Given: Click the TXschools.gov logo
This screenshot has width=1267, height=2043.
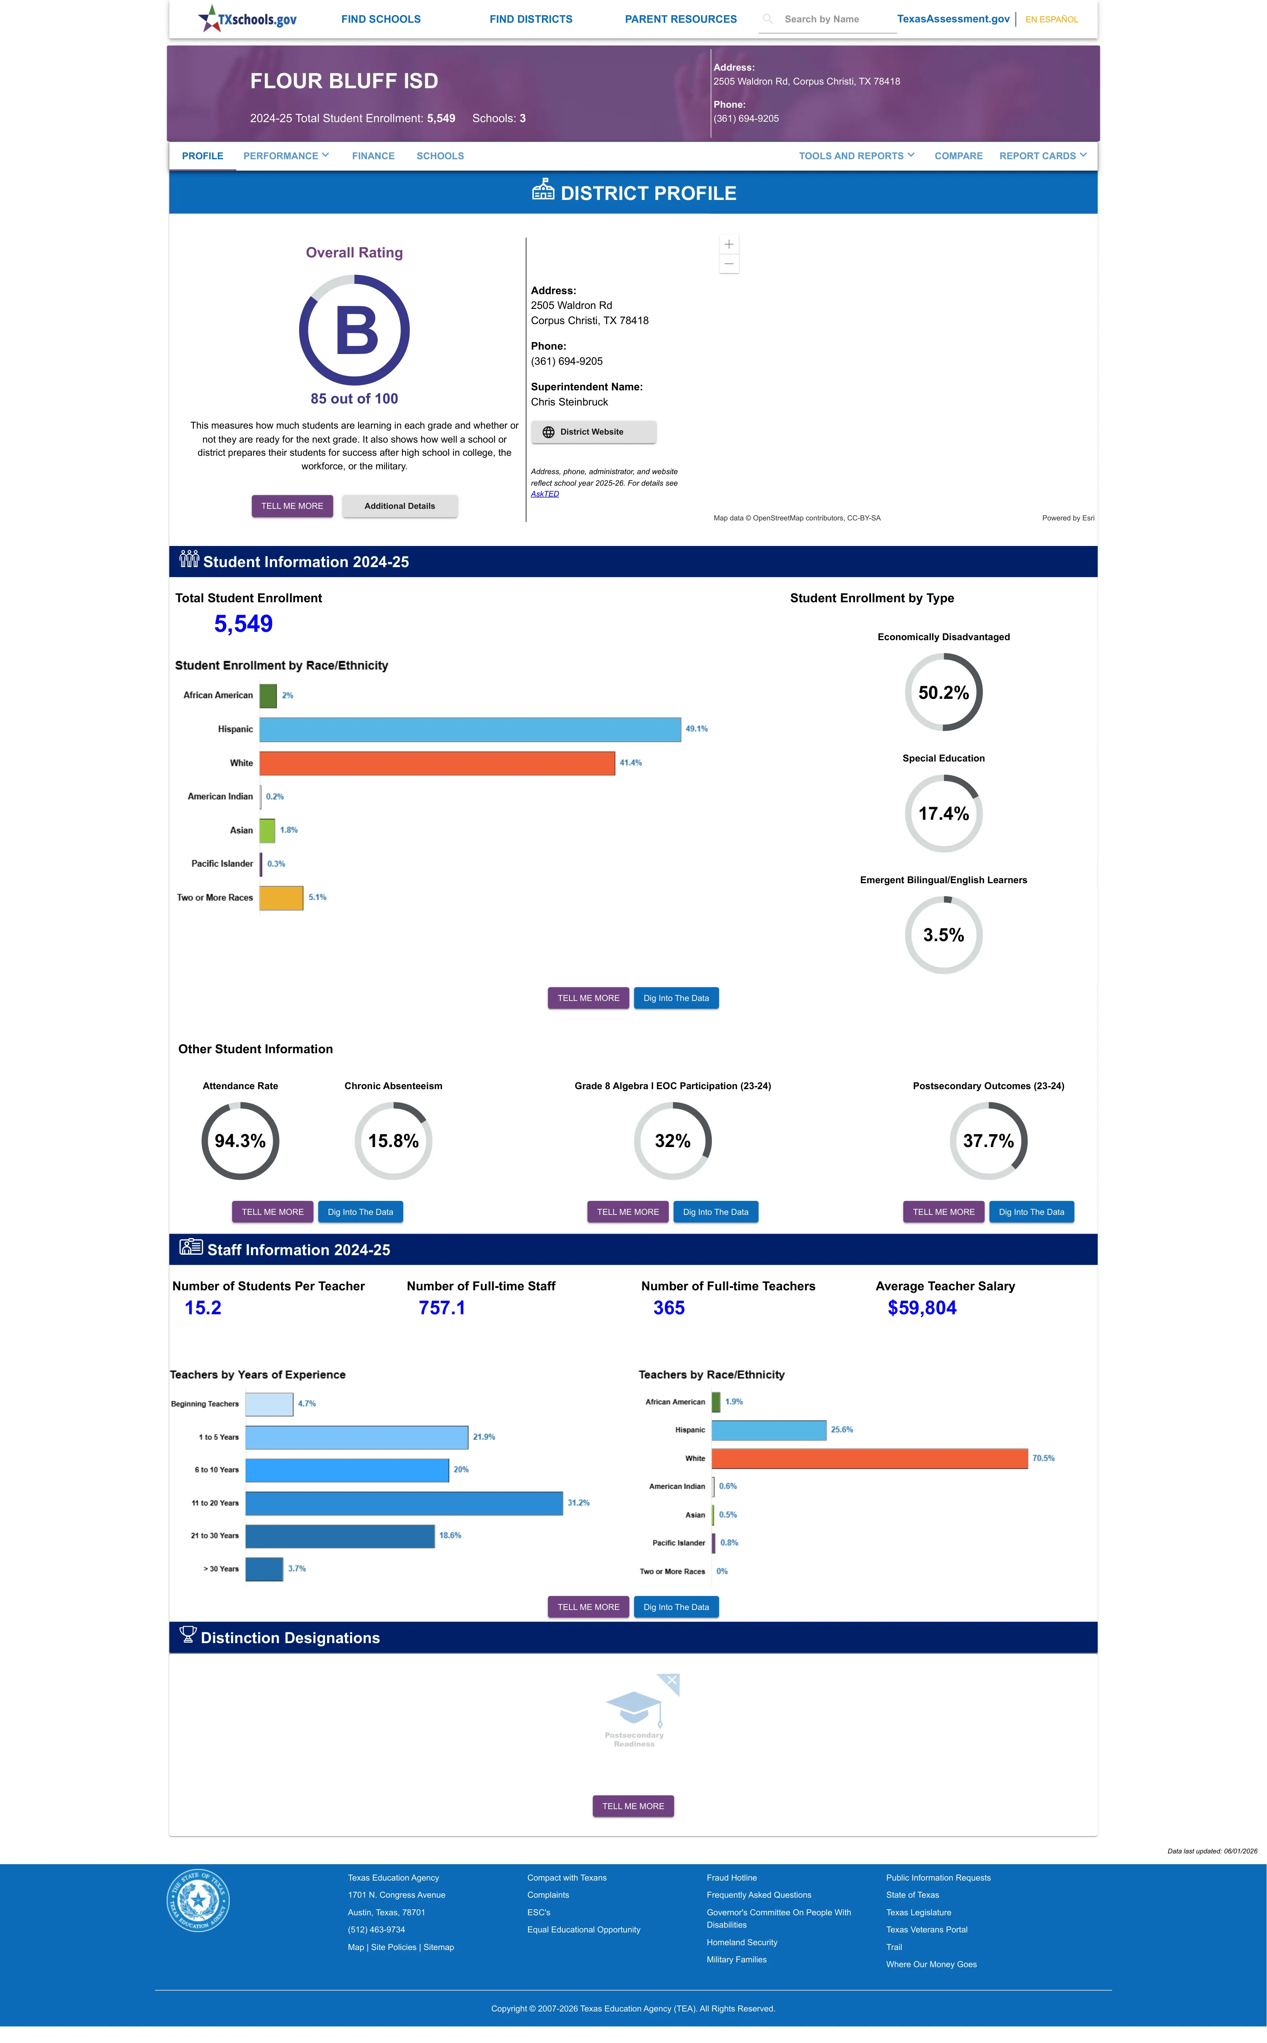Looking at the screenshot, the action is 247,18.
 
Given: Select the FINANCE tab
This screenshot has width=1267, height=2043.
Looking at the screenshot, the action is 373,156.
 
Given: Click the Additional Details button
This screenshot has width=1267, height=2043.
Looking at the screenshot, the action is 400,506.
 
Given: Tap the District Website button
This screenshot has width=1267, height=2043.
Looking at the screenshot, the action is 593,432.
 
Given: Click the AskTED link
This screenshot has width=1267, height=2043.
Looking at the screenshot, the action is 545,494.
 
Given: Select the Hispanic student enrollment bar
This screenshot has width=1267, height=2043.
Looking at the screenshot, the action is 470,729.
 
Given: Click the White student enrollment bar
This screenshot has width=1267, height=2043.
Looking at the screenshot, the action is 437,763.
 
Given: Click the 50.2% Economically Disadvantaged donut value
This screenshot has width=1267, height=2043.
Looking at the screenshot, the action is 944,692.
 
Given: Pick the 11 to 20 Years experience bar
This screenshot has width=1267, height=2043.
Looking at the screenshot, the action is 404,1503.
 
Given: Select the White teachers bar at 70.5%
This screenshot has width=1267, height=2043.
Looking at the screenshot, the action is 870,1459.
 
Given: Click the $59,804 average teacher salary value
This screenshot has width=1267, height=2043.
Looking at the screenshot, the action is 922,1308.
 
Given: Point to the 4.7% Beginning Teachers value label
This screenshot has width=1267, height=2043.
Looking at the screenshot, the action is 307,1403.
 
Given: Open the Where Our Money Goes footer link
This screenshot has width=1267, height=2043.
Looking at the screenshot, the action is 931,1964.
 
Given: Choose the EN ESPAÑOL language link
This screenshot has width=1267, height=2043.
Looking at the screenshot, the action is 1052,19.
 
